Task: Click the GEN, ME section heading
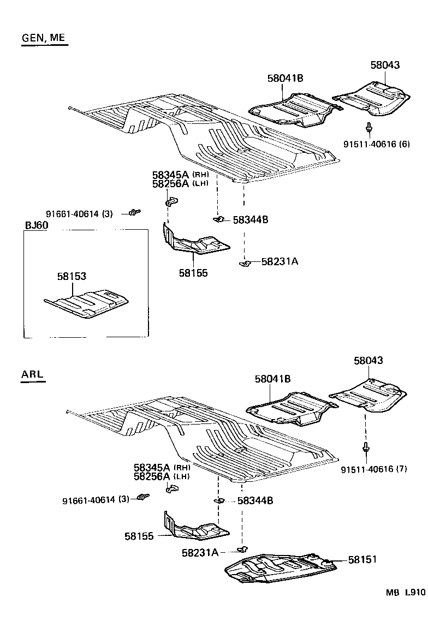(x=44, y=38)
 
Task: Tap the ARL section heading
(x=32, y=374)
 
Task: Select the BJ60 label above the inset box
(x=37, y=225)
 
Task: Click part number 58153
(x=72, y=277)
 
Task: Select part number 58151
(x=362, y=560)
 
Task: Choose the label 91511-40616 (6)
(x=376, y=144)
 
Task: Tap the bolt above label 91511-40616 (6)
(x=370, y=129)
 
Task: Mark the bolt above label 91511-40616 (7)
(x=365, y=449)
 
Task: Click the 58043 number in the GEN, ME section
(x=384, y=65)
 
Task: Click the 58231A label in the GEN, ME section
(x=279, y=261)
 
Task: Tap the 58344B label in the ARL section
(x=255, y=500)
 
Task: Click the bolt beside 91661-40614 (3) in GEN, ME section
(x=134, y=212)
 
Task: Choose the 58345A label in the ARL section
(x=152, y=468)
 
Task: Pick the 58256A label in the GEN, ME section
(x=170, y=184)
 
